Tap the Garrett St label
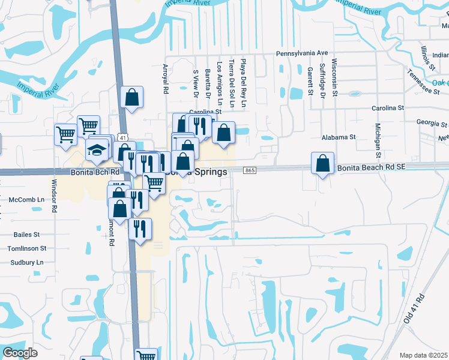(x=310, y=81)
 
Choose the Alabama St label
(x=339, y=137)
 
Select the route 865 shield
(x=250, y=171)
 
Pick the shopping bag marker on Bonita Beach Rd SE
(x=323, y=163)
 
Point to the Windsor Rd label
(x=54, y=196)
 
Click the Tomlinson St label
(x=26, y=248)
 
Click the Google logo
(x=20, y=353)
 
